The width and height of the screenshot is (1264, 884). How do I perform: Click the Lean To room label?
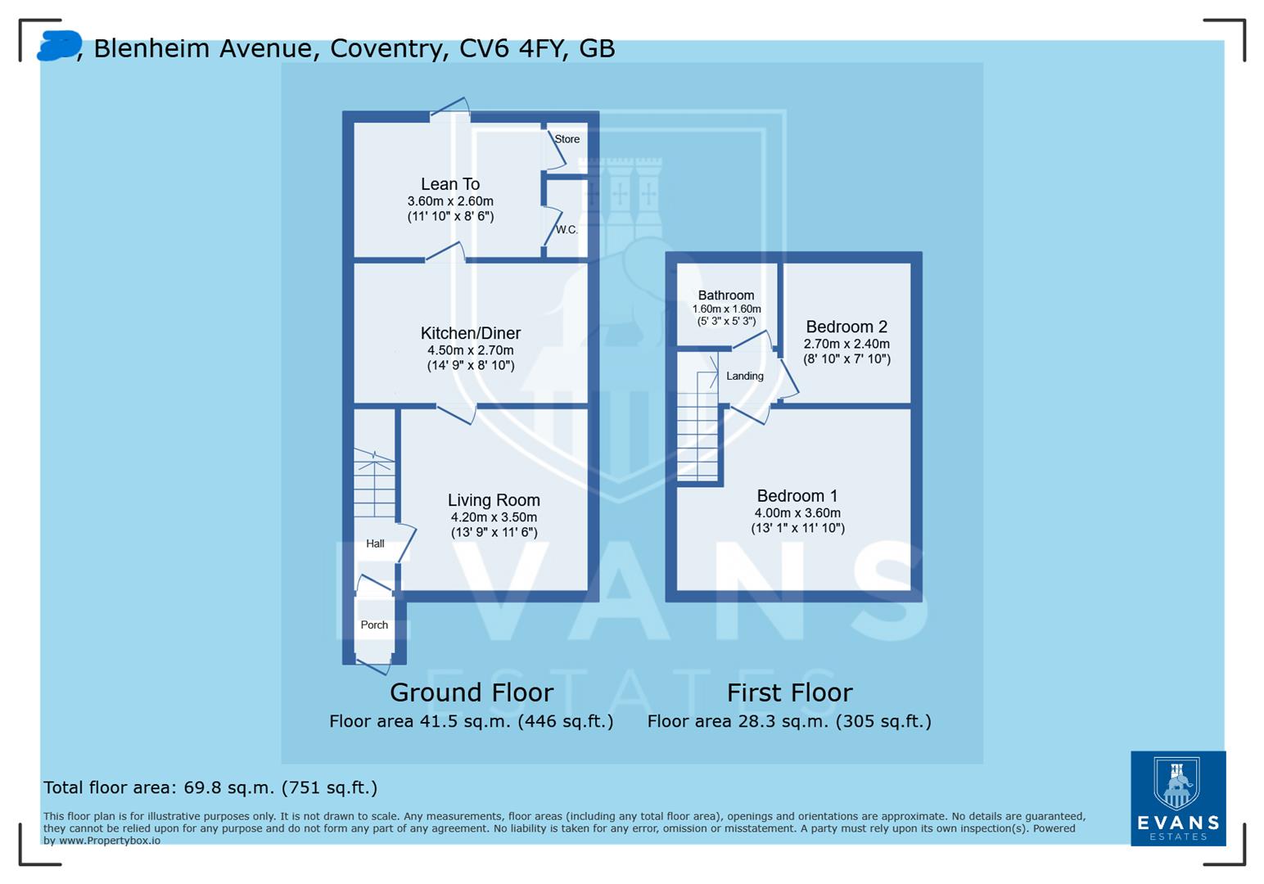(x=450, y=184)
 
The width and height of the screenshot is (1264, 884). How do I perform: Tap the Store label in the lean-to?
(x=567, y=139)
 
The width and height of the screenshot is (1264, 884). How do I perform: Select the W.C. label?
(x=567, y=230)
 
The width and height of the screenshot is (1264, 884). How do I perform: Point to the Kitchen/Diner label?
(x=471, y=333)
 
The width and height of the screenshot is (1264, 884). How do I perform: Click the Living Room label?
(x=494, y=500)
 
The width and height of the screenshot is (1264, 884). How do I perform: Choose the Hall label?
(x=375, y=543)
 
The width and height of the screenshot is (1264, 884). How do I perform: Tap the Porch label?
(x=374, y=625)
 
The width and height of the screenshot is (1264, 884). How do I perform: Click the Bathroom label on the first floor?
(x=726, y=295)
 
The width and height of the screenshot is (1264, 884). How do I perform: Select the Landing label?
(x=745, y=377)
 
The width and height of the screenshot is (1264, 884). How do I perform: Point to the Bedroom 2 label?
(x=846, y=327)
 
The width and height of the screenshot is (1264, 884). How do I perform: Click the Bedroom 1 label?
(x=797, y=496)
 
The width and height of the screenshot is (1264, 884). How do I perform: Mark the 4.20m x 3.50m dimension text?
(x=494, y=517)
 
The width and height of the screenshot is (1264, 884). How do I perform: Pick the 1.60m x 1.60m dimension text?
(x=726, y=309)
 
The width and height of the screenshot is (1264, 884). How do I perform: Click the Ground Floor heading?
(x=472, y=692)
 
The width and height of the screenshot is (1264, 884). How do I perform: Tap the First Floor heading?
(x=789, y=692)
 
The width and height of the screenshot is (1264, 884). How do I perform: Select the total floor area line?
(x=210, y=788)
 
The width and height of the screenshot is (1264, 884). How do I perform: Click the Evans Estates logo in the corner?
(x=1178, y=798)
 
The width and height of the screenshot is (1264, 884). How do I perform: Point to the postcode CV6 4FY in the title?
(x=512, y=48)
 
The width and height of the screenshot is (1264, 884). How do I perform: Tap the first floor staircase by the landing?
(x=697, y=426)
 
